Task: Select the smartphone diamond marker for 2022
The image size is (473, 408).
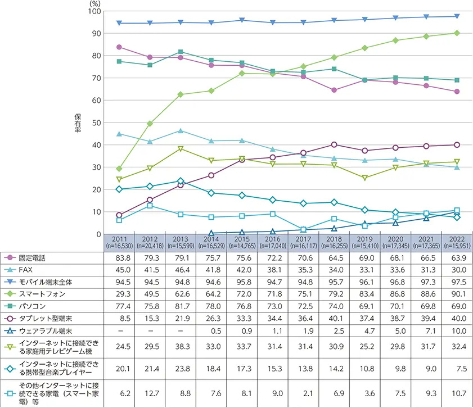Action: (x=457, y=33)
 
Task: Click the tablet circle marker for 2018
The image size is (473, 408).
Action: (x=334, y=144)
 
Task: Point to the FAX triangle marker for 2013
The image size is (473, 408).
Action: (x=181, y=131)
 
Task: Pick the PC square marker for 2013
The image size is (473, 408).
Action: (x=181, y=52)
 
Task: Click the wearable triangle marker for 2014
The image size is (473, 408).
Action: (x=211, y=233)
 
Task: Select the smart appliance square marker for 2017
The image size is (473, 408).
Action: (x=303, y=229)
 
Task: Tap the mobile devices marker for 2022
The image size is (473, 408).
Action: (x=457, y=16)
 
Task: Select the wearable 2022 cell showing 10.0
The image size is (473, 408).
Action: (x=457, y=331)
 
